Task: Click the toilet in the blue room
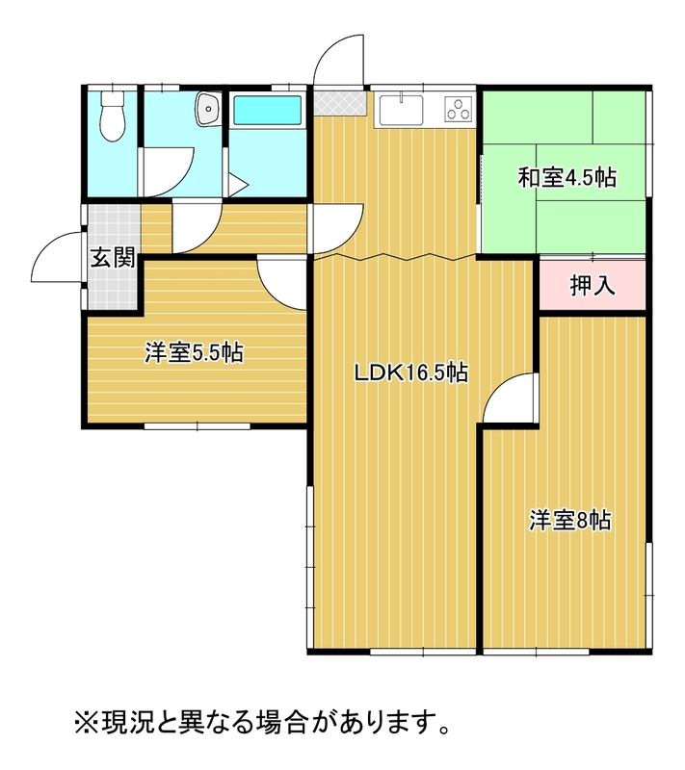pos(113,115)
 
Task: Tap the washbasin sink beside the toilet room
pos(208,109)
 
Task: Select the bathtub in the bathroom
pos(267,110)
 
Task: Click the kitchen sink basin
pos(401,110)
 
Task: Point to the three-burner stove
pos(459,109)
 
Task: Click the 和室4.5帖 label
pos(567,177)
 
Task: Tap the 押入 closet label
pos(593,285)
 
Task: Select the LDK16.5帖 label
pos(410,372)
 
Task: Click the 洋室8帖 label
pos(570,520)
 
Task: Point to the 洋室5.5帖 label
pos(194,352)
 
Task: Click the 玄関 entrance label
pos(113,257)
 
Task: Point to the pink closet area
pos(593,285)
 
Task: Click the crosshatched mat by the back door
pos(340,103)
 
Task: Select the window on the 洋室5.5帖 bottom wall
pos(198,426)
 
